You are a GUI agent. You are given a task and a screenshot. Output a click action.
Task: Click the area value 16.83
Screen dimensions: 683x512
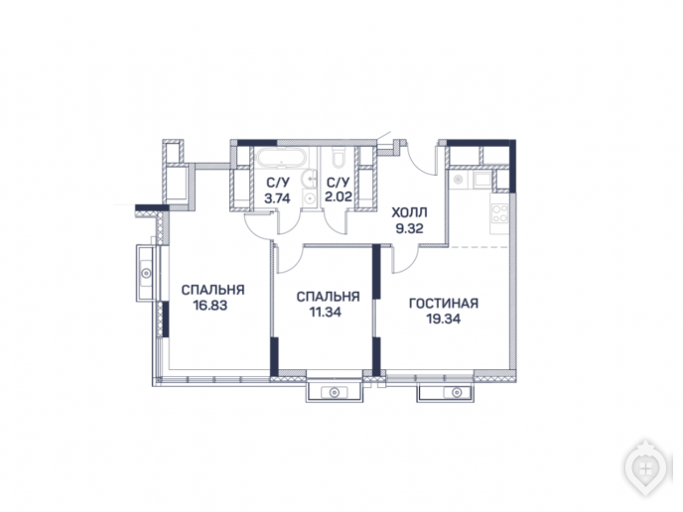pyautogui.click(x=210, y=306)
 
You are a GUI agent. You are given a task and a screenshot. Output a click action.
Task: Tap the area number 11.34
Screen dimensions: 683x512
pyautogui.click(x=326, y=313)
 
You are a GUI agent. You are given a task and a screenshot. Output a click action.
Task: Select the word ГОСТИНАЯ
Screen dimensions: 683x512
pyautogui.click(x=444, y=303)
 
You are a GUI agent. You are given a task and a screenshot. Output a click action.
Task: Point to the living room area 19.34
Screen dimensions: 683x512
pyautogui.click(x=444, y=320)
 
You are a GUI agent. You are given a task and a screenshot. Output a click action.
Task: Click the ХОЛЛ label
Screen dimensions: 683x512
pyautogui.click(x=409, y=213)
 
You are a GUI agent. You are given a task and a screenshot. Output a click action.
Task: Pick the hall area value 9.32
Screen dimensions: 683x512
pyautogui.click(x=409, y=228)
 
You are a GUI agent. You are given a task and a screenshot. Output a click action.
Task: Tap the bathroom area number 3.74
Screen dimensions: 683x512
pyautogui.click(x=277, y=198)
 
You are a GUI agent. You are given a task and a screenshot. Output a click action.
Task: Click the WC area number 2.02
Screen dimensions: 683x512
pyautogui.click(x=339, y=196)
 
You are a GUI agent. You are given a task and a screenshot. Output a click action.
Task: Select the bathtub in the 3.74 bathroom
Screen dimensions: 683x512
pyautogui.click(x=282, y=157)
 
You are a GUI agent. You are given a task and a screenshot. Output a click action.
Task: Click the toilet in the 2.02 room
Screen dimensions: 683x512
pyautogui.click(x=339, y=157)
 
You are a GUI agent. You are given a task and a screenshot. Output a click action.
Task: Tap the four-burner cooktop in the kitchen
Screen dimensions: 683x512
pyautogui.click(x=499, y=213)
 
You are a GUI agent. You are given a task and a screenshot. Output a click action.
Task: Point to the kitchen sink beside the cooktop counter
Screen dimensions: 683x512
pyautogui.click(x=482, y=180)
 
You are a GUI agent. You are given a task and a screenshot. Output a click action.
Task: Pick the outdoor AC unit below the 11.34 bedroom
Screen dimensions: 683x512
pyautogui.click(x=335, y=391)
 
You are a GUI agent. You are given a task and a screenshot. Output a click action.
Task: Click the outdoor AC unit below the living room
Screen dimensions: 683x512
pyautogui.click(x=445, y=391)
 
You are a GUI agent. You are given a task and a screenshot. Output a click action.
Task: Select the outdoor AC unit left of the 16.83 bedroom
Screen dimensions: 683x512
pyautogui.click(x=146, y=273)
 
